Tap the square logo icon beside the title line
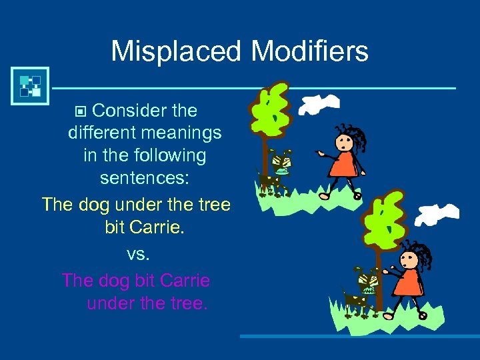pyautogui.click(x=29, y=86)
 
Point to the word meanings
pyautogui.click(x=179, y=133)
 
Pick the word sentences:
pyautogui.click(x=145, y=178)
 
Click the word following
pyautogui.click(x=168, y=155)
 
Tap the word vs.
pyautogui.click(x=135, y=254)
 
